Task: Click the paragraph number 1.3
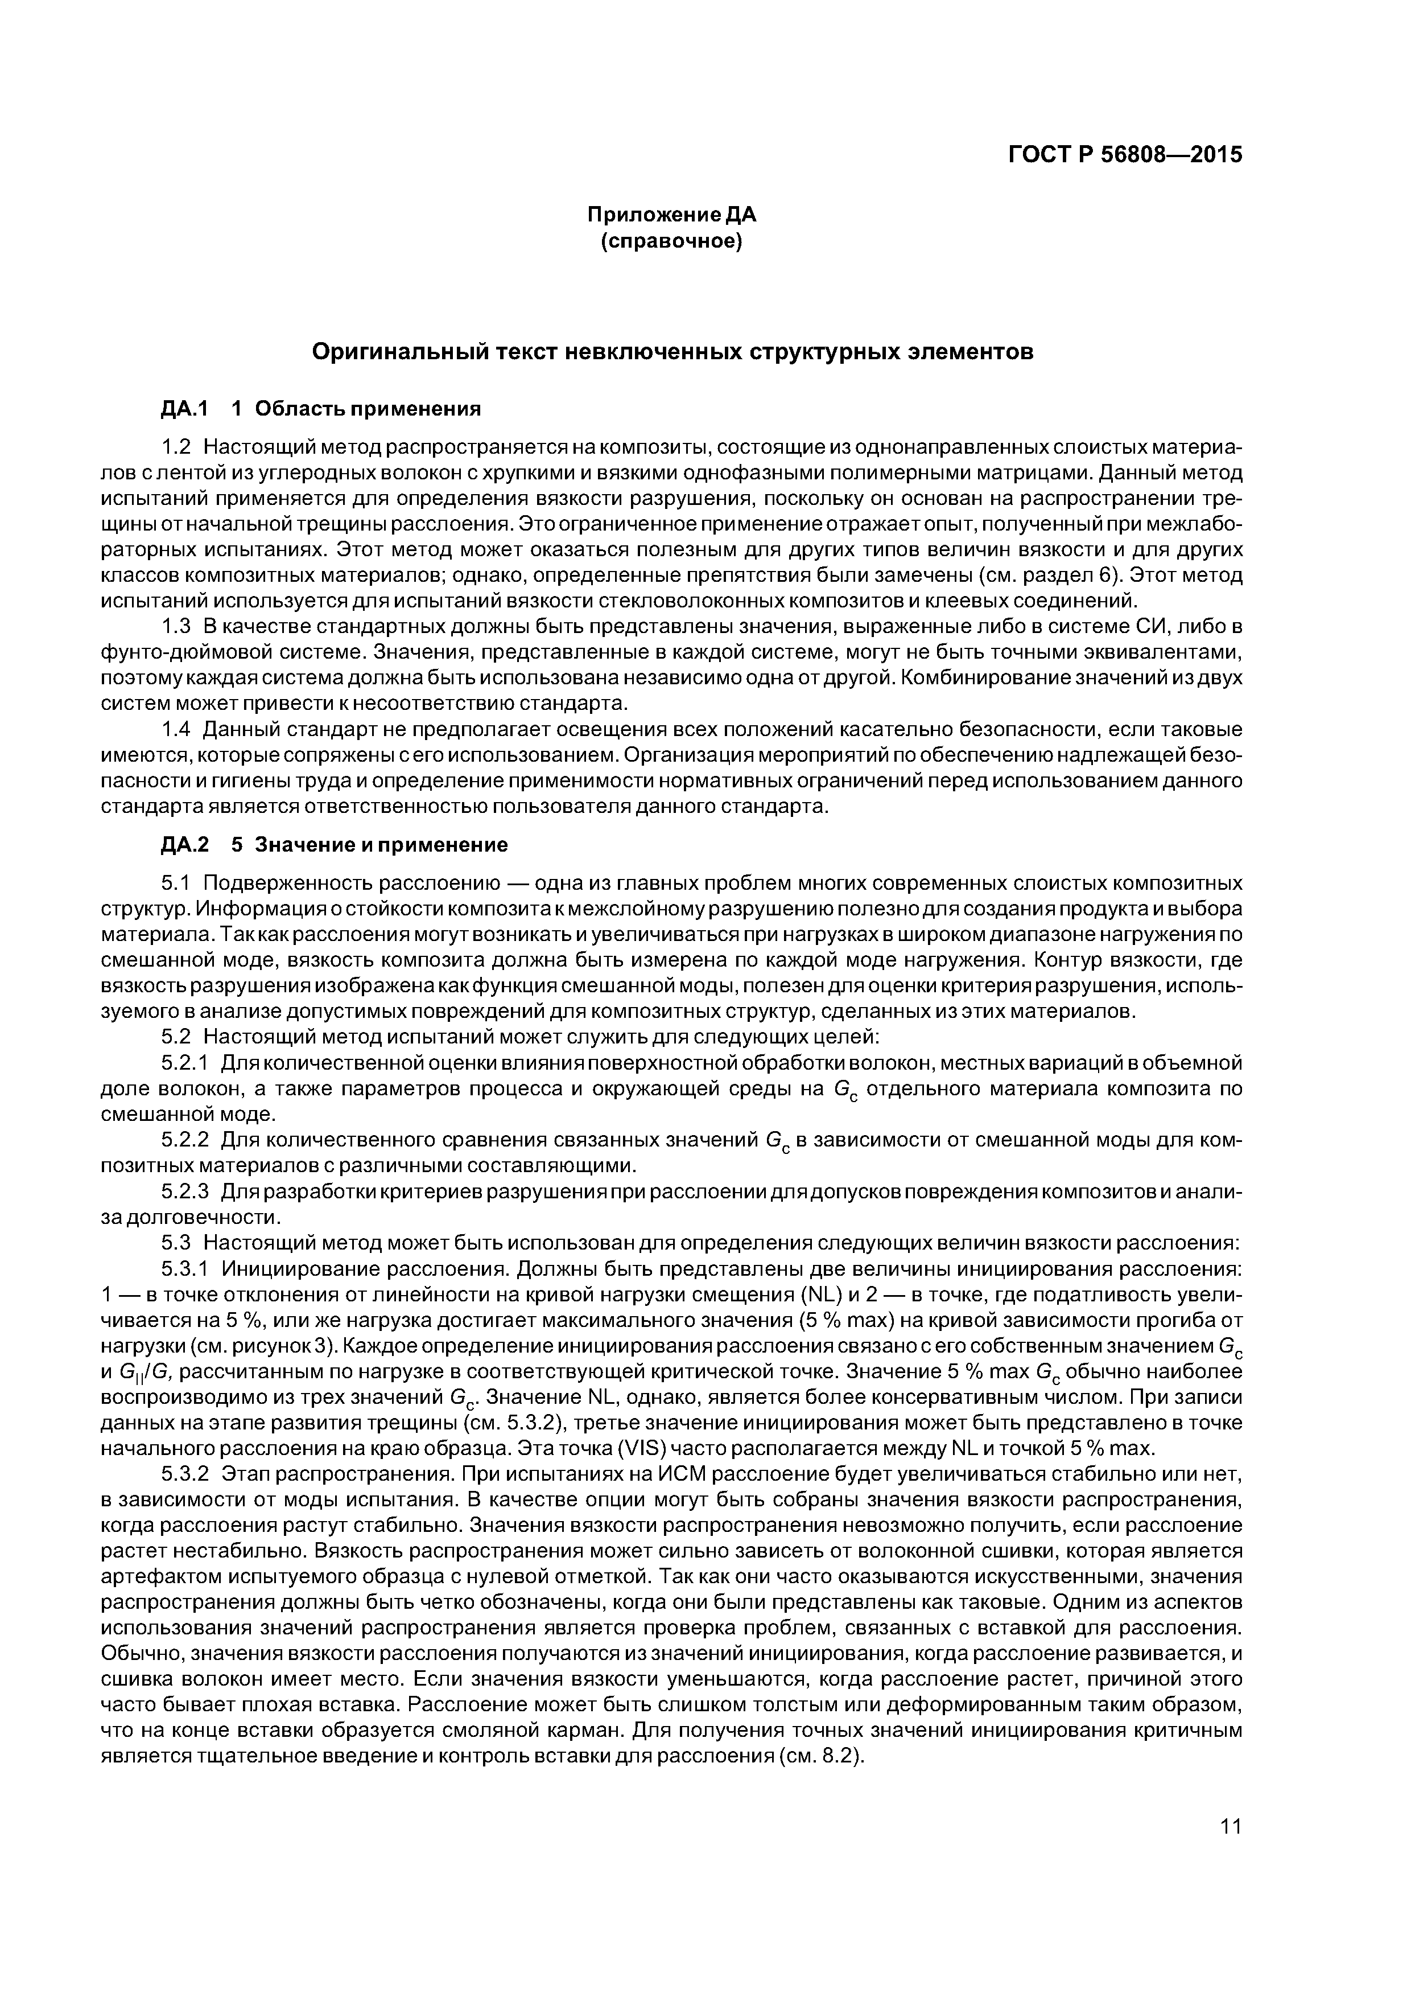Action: coord(176,626)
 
